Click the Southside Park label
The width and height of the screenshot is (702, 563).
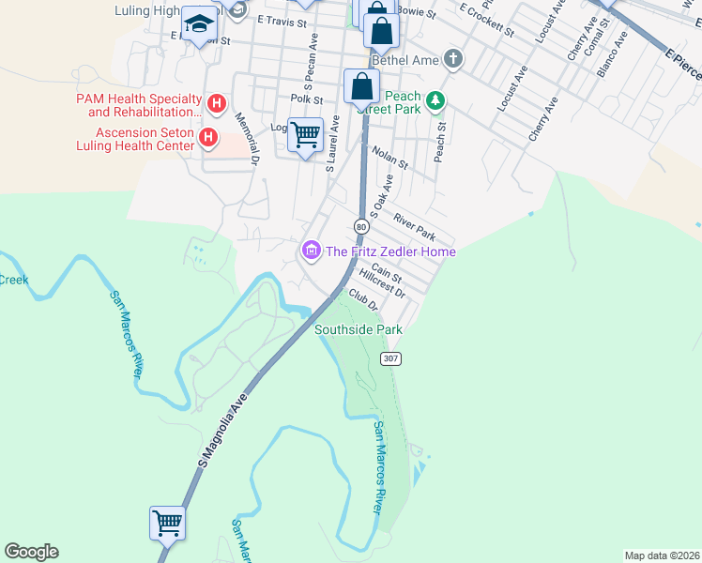[x=358, y=329]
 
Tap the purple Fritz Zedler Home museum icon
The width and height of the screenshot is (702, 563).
[x=310, y=251]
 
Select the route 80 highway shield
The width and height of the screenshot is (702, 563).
[x=360, y=226]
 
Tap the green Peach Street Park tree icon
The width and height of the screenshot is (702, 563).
[x=435, y=99]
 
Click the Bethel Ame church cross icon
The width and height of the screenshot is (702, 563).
[x=453, y=59]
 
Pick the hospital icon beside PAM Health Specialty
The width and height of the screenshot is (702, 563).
[x=217, y=102]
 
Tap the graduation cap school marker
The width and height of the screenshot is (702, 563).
[x=198, y=23]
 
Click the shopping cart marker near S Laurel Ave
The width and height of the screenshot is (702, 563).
[x=305, y=135]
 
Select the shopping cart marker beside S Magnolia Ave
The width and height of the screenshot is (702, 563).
[x=167, y=522]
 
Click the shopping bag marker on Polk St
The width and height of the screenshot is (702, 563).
[x=361, y=86]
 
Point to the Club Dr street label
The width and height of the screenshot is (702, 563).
[x=363, y=299]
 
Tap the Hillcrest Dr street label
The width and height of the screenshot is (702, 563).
[x=383, y=285]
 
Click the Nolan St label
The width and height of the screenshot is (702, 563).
[x=389, y=157]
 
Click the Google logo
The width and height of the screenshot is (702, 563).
[x=31, y=552]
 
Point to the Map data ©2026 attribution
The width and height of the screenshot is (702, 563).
[x=662, y=555]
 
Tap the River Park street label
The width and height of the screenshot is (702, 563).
[x=415, y=225]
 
